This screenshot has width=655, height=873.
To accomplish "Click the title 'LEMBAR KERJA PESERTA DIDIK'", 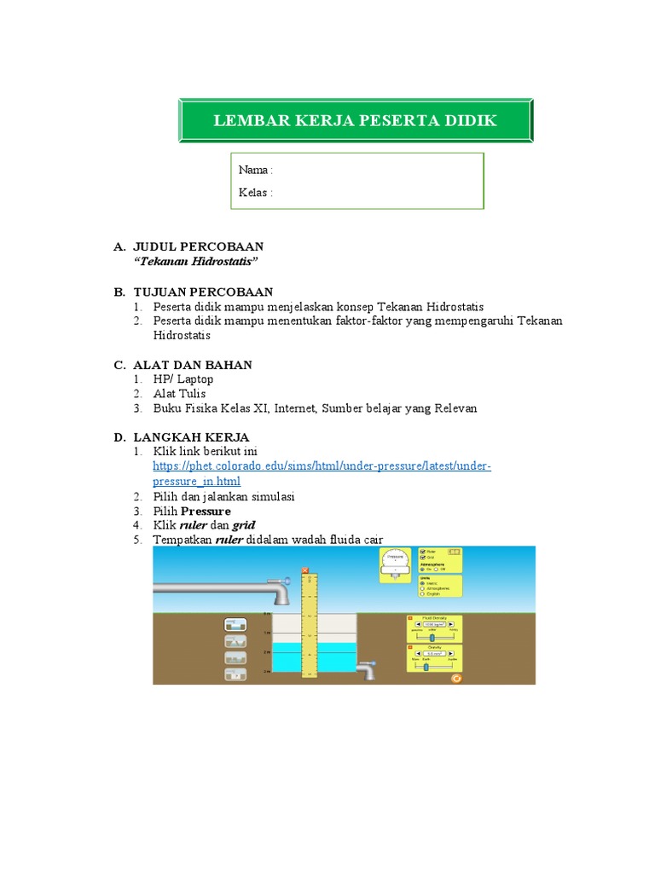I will click(x=355, y=120).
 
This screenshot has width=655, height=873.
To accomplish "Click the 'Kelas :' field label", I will click(x=256, y=193).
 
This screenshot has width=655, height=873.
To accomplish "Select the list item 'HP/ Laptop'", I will click(x=183, y=379).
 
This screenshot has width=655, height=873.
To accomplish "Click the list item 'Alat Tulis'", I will click(x=179, y=394).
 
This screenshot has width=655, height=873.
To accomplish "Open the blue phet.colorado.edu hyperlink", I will click(x=322, y=466).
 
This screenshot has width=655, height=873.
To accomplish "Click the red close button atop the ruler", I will click(x=305, y=570).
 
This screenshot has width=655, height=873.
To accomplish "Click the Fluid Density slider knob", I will click(x=432, y=636).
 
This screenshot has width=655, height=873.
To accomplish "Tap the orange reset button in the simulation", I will click(x=456, y=679).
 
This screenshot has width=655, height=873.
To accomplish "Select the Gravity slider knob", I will click(x=426, y=667).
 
